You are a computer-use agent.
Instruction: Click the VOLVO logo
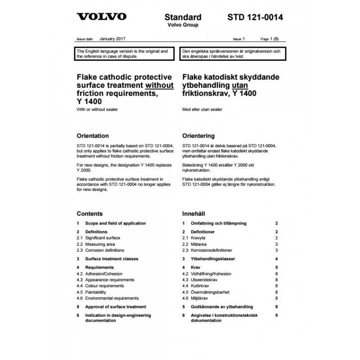(x=101, y=18)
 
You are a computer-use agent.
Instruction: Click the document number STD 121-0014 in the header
(x=255, y=18)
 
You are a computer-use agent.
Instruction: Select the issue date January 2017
(x=112, y=40)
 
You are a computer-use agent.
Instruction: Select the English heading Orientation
(x=93, y=135)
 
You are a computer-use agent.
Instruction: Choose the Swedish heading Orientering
(x=198, y=135)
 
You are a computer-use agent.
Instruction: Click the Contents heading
(x=90, y=214)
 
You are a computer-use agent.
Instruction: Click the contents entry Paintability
(x=99, y=292)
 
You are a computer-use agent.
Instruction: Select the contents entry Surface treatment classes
(x=112, y=259)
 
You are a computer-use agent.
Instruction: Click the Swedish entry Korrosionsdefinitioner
(x=211, y=250)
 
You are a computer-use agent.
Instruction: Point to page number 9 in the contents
(x=276, y=315)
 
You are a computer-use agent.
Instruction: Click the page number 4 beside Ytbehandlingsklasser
(x=276, y=259)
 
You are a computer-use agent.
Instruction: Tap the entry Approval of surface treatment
(x=115, y=306)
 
